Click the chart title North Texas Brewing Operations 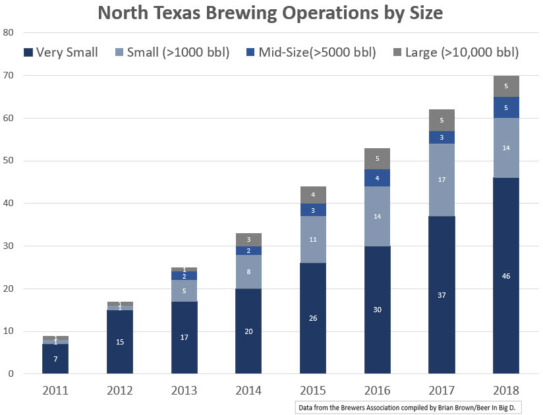(271, 14)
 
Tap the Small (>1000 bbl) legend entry (172, 52)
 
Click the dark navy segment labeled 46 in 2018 (506, 275)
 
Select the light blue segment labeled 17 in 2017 (442, 179)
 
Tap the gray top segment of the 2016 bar (378, 159)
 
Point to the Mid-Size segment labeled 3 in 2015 (313, 210)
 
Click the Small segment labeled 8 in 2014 (248, 271)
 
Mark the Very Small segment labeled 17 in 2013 (184, 337)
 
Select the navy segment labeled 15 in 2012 (119, 342)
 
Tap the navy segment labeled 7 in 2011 (55, 358)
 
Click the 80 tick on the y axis (9, 33)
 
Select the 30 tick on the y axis (9, 246)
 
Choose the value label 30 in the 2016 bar (378, 310)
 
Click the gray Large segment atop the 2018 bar (506, 86)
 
